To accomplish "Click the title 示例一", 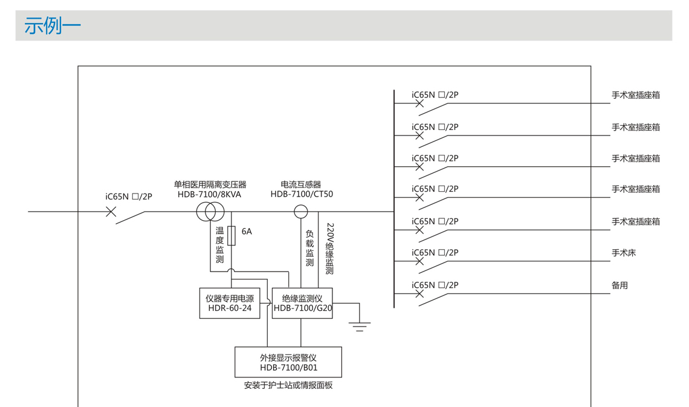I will tap(53, 25).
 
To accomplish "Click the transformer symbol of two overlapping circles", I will tap(210, 212).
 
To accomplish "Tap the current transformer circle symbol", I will tap(300, 212).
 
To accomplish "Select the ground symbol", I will tap(360, 327).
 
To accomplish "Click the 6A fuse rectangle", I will tap(231, 235).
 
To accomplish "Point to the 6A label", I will tap(247, 231).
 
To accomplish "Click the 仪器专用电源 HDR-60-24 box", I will tap(230, 303).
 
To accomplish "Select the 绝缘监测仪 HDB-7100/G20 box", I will tap(302, 303).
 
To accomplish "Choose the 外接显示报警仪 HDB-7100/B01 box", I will tap(288, 362).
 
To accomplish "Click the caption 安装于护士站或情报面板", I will tap(288, 385).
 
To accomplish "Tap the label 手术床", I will tap(624, 253).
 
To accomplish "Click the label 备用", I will tap(619, 285).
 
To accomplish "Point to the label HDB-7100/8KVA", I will tap(209, 195).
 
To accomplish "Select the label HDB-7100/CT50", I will tap(302, 195).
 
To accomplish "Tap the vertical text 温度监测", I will tap(220, 245).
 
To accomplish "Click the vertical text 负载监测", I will tap(309, 248).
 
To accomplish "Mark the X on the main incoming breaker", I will tap(111, 212).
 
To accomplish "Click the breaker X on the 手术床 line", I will tap(419, 261).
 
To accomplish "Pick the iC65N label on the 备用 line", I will tap(435, 285).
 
